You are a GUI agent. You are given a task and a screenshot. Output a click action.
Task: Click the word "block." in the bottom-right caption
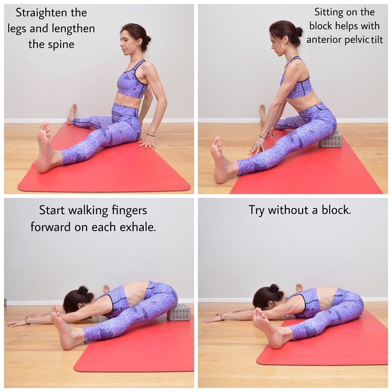336,210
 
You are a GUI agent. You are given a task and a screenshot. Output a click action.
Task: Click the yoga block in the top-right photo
330,140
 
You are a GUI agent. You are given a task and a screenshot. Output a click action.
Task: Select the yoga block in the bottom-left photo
179,312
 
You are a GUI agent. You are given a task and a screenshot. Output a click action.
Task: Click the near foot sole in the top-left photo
45,148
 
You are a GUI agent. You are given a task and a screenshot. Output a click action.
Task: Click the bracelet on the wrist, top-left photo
151,135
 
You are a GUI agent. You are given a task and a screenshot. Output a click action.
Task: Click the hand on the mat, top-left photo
148,143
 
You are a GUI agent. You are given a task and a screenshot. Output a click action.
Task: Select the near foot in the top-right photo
221,160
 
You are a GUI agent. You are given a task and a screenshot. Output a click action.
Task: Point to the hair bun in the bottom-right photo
274,288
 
